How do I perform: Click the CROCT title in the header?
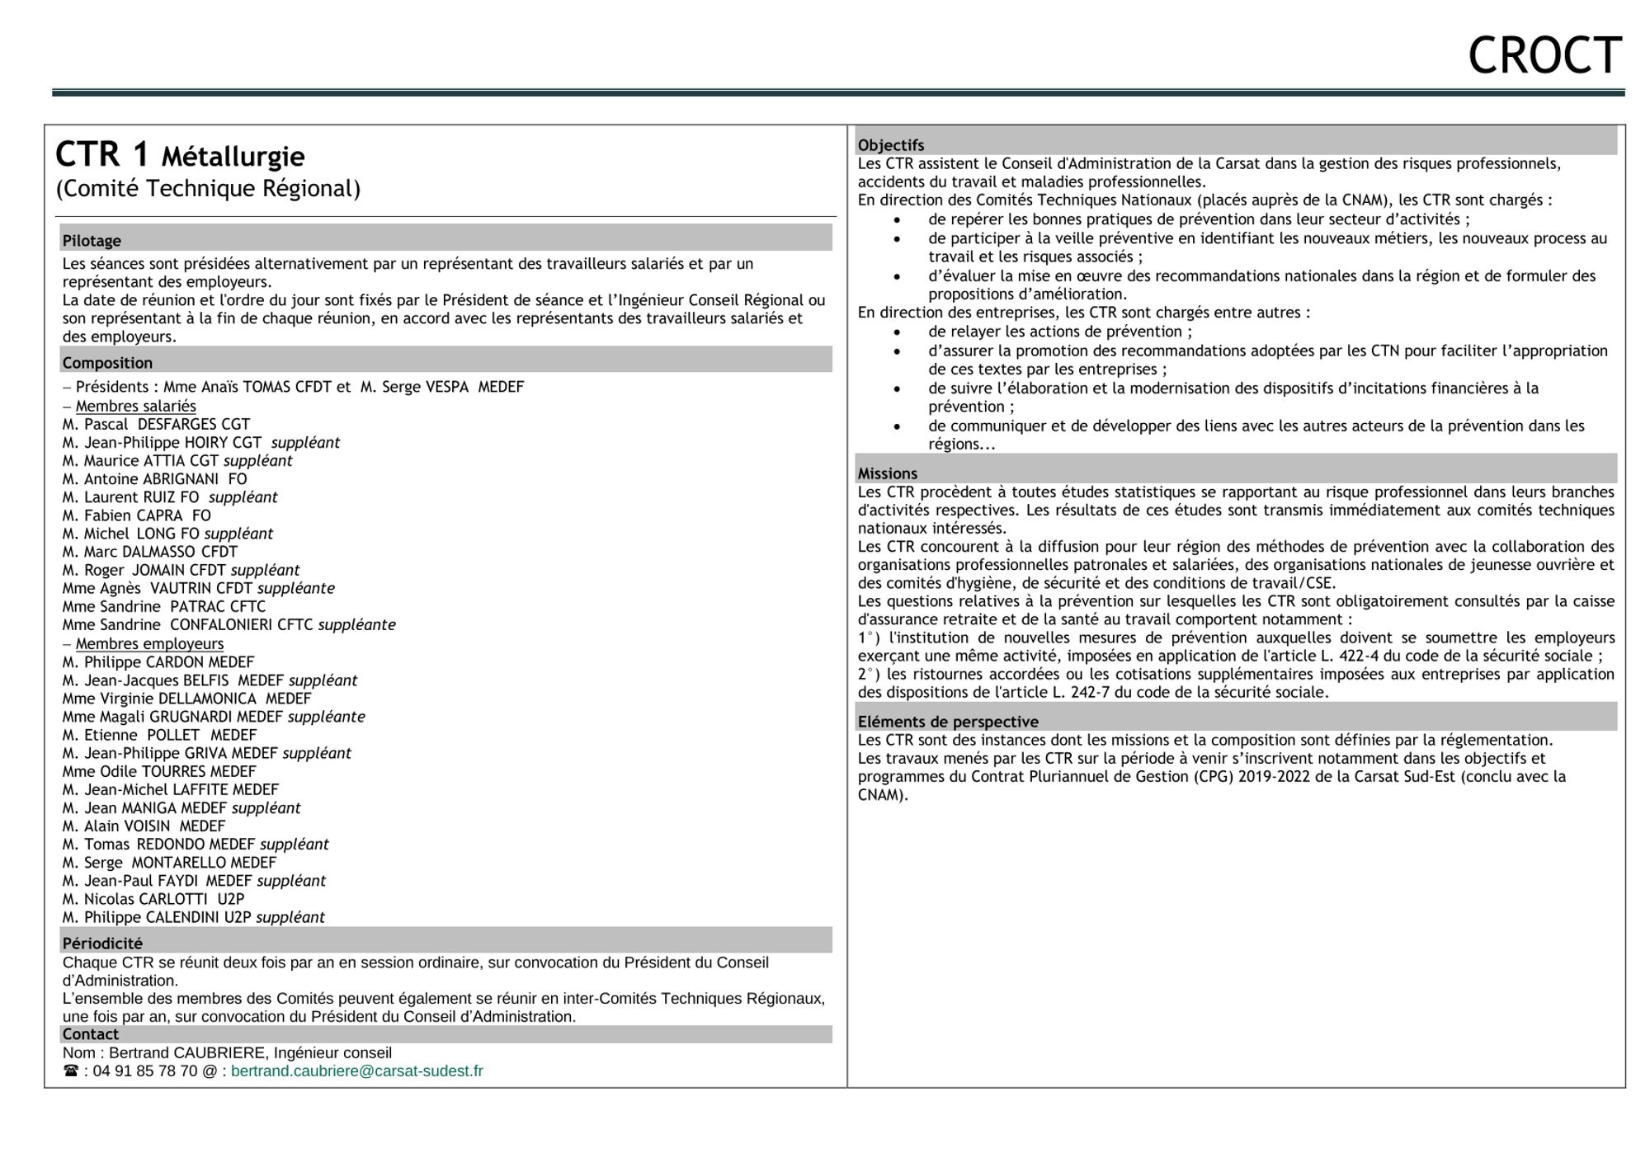[x=1544, y=56]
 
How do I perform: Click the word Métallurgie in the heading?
[x=233, y=157]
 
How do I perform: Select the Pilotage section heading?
[x=92, y=241]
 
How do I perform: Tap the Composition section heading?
[x=107, y=363]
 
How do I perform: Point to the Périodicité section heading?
[x=102, y=943]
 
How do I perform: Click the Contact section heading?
[x=91, y=1034]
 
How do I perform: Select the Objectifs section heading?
[x=891, y=145]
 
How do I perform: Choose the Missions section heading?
[x=888, y=473]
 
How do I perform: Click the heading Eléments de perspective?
[x=948, y=722]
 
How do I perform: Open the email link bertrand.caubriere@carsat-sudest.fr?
[x=356, y=1071]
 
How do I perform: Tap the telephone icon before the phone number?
[x=71, y=1071]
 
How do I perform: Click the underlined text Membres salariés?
[x=135, y=406]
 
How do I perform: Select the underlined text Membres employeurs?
[x=149, y=644]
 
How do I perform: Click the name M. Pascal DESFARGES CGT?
[x=156, y=425]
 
